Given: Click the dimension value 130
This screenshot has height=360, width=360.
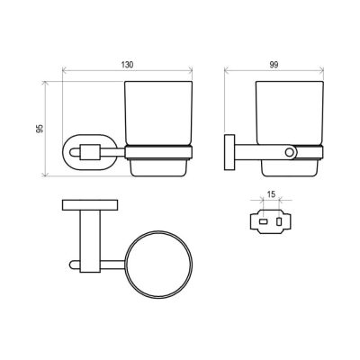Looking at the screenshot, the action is (127, 65).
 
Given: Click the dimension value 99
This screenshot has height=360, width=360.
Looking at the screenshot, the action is (274, 65).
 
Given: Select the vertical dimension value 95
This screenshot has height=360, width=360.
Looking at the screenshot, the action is (40, 129).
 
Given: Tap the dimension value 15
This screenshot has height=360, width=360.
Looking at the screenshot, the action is (271, 194).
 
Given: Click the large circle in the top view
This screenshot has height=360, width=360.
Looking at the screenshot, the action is (125, 265).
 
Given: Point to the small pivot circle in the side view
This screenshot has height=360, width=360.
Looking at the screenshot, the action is (290, 152).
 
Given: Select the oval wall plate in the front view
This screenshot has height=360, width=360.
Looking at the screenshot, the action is (64, 153).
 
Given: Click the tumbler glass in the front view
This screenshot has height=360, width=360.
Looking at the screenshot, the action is (158, 113).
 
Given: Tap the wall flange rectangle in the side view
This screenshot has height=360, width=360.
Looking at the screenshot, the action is (229, 152).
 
